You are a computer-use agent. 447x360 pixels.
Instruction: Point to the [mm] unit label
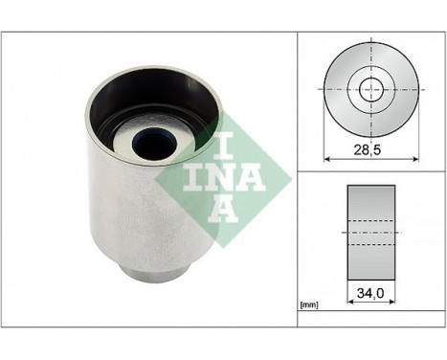coord(309,305)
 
